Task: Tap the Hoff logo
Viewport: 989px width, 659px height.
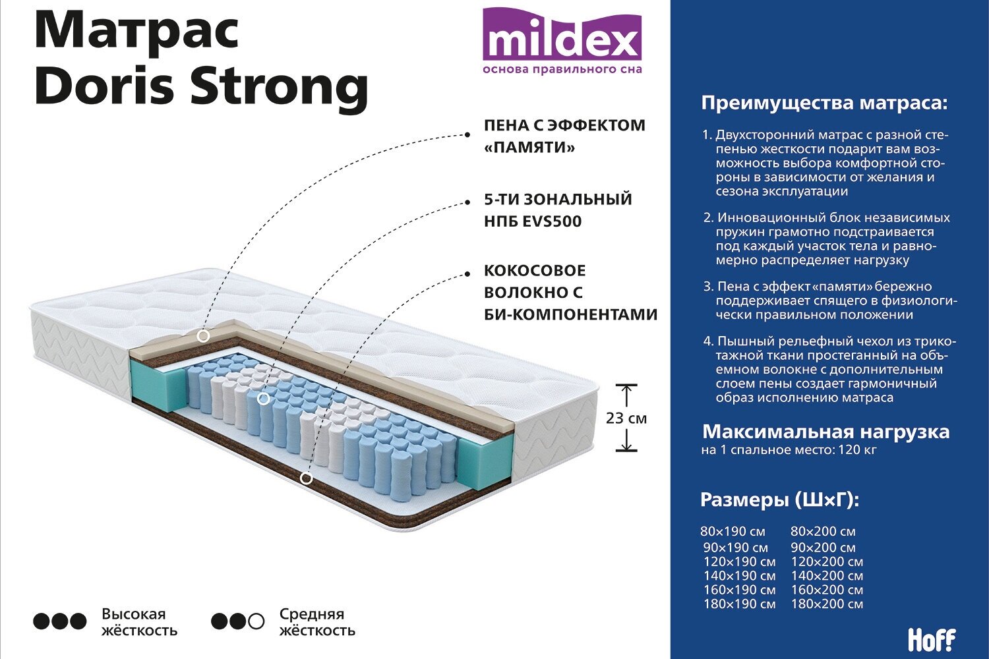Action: click(931, 639)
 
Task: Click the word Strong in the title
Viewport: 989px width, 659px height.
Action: click(280, 86)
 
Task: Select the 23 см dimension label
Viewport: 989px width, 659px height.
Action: click(626, 418)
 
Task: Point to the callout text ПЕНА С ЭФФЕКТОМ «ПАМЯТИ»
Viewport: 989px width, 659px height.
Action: click(564, 136)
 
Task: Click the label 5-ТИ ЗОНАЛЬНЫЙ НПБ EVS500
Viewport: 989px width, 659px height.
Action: click(558, 210)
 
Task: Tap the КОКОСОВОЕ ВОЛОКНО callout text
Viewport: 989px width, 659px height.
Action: click(570, 293)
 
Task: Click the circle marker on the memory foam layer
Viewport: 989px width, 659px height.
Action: click(203, 336)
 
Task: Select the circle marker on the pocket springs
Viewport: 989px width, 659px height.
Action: click(263, 399)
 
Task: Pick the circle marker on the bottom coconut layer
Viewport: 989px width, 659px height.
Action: click(306, 478)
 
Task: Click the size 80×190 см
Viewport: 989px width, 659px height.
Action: click(733, 532)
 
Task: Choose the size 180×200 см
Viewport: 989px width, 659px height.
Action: click(827, 604)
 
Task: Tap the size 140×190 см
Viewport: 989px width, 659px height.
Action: click(739, 576)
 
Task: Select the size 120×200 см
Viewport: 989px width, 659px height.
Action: click(827, 562)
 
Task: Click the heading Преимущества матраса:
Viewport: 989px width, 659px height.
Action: click(824, 103)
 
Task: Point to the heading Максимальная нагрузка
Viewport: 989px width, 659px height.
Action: click(825, 432)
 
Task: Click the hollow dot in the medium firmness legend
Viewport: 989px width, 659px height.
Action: click(256, 621)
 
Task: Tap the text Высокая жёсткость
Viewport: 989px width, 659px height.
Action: click(139, 622)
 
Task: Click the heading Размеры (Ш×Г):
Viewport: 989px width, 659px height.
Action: click(779, 500)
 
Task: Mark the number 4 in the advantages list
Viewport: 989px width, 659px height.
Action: click(708, 341)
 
